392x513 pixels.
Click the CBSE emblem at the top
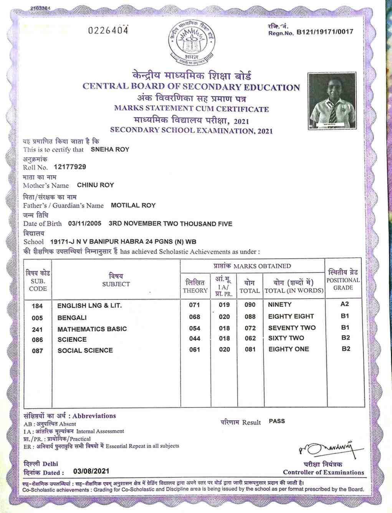pos(192,42)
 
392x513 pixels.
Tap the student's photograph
pos(332,101)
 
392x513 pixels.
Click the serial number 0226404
pos(108,30)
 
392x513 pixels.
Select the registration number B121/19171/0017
pos(324,32)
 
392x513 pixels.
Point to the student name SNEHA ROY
pos(110,149)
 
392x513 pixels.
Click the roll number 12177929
pos(70,167)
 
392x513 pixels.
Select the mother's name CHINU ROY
pos(95,185)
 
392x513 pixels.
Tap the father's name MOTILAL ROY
pos(133,205)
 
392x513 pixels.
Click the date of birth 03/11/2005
pos(84,223)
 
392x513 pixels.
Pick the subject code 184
pos(37,306)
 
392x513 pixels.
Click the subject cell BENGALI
pos(72,318)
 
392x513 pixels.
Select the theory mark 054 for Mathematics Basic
pos(195,328)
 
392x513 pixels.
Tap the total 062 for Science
pos(250,338)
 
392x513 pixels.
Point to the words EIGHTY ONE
pos(288,349)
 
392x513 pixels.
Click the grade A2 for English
pos(344,304)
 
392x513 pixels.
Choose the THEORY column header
pos(195,291)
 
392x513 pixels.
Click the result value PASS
pos(277,421)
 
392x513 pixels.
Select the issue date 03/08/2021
pos(91,471)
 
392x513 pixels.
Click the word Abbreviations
pos(94,416)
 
